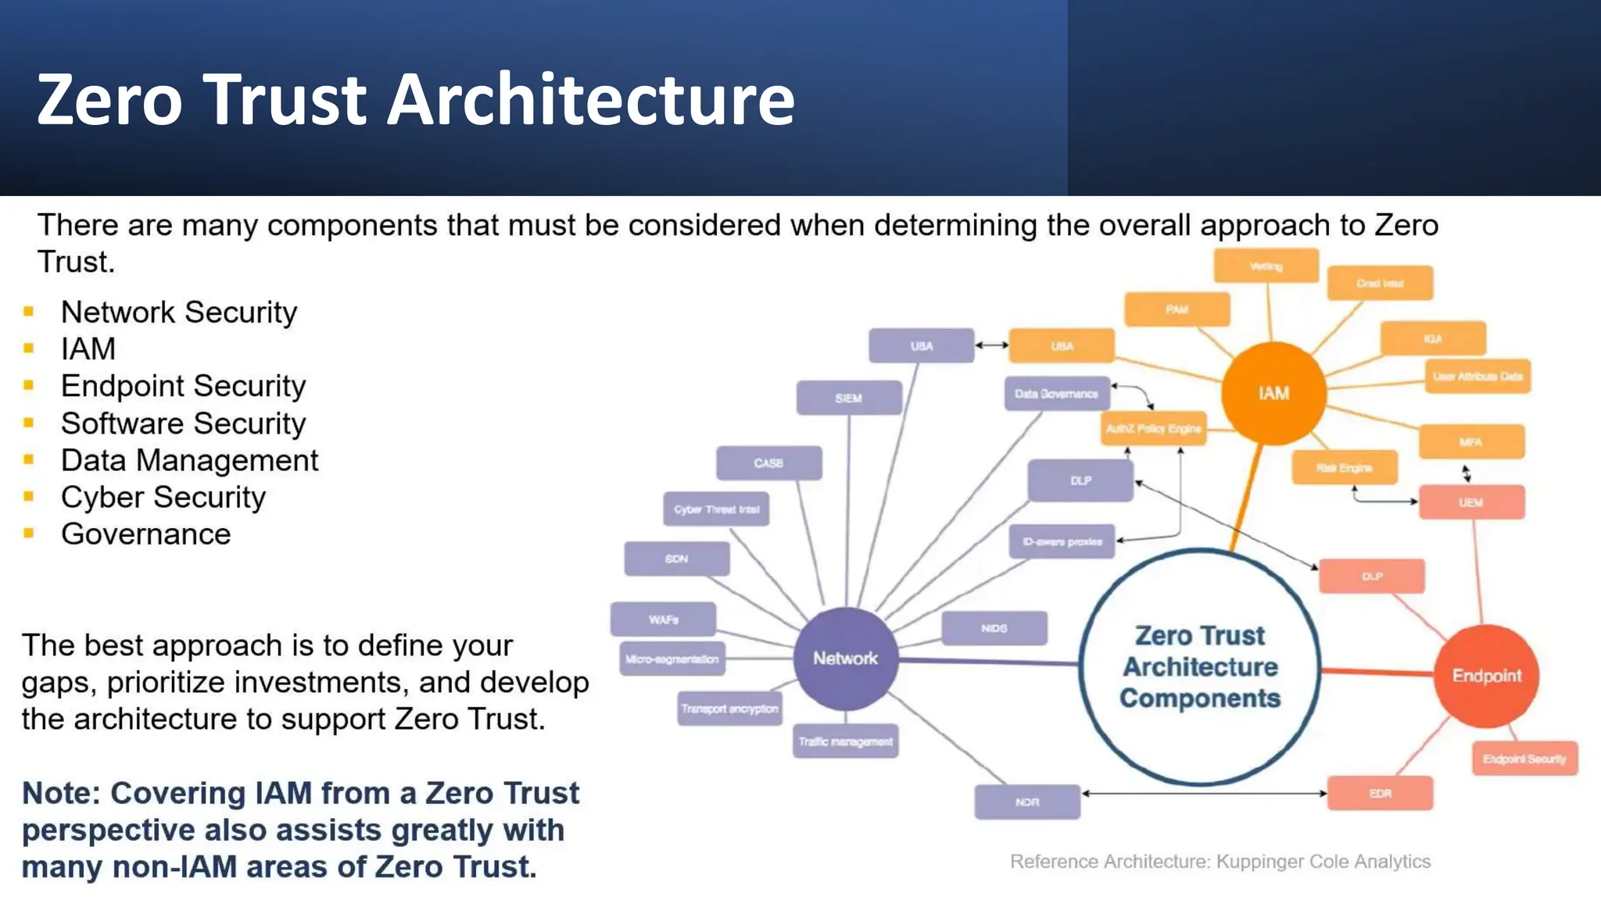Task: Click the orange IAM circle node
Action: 1273,393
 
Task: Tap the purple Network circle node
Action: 845,659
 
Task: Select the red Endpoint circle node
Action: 1486,676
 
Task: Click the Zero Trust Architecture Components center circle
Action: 1200,666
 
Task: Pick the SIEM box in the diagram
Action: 848,398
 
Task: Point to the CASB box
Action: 768,463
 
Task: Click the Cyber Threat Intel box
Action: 716,509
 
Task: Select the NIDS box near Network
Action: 994,628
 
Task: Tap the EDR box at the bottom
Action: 1380,794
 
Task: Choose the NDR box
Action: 1027,802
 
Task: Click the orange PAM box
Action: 1177,309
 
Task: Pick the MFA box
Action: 1470,442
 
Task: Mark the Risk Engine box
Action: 1344,468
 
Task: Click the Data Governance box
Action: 1056,394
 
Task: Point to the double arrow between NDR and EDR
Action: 1204,794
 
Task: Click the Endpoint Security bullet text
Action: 183,386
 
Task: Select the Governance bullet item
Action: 145,534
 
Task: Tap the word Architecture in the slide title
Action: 591,99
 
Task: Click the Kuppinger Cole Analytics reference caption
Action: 1220,862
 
